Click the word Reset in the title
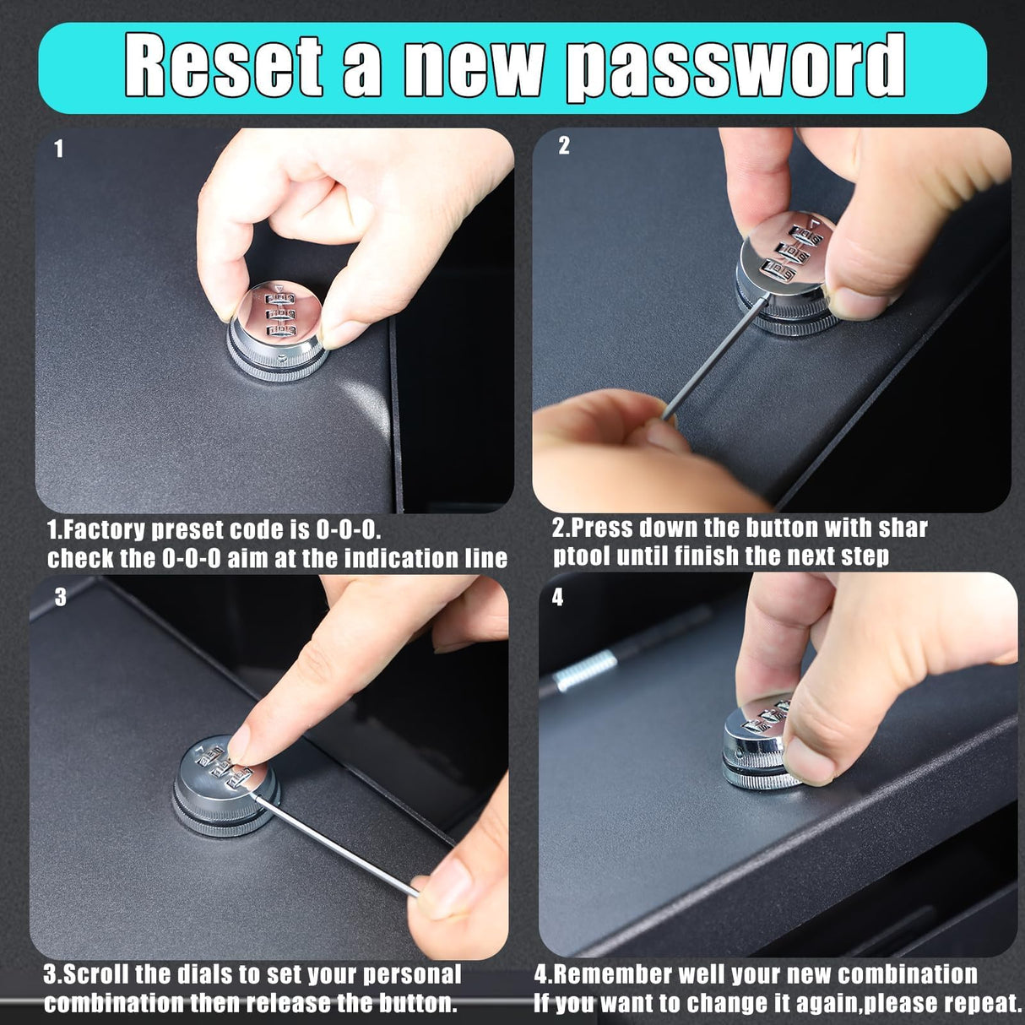pyautogui.click(x=224, y=65)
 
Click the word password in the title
pyautogui.click(x=735, y=68)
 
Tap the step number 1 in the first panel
pyautogui.click(x=59, y=149)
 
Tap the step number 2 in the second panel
pyautogui.click(x=564, y=146)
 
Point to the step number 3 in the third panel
pyautogui.click(x=61, y=597)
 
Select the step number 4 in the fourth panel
pyautogui.click(x=557, y=597)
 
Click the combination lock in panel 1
pyautogui.click(x=278, y=331)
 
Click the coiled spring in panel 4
pyautogui.click(x=584, y=671)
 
